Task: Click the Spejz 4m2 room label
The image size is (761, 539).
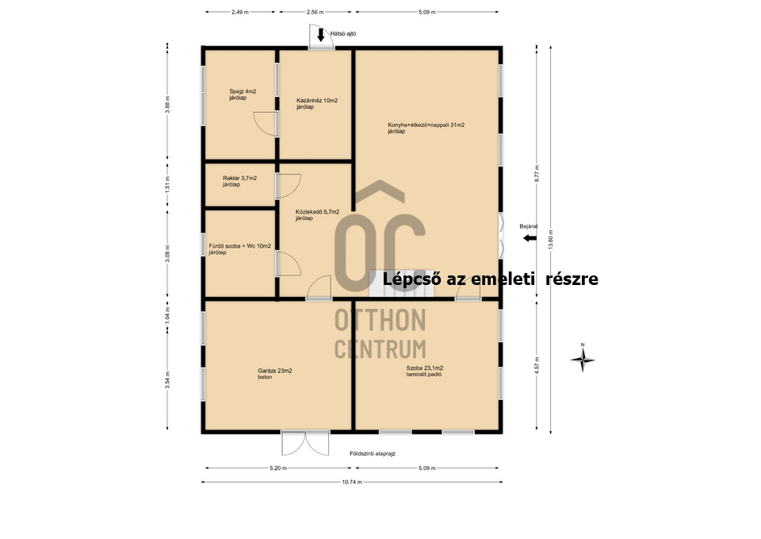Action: [x=243, y=91]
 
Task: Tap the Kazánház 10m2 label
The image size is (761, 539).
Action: [x=317, y=101]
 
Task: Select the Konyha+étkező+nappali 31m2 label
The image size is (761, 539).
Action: [x=426, y=125]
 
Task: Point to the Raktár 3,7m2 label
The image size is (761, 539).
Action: [x=239, y=179]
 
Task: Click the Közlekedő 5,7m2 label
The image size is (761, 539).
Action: [x=317, y=212]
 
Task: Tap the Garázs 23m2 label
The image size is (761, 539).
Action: [x=275, y=371]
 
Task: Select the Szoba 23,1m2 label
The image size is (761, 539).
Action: [x=425, y=368]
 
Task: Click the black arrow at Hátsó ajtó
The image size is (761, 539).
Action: [x=321, y=34]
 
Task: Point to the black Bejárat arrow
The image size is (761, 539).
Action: [x=530, y=238]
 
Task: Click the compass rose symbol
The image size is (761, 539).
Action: [x=583, y=360]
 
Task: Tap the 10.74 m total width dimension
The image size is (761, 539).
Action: [x=352, y=482]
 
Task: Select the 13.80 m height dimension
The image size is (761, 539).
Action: [x=551, y=240]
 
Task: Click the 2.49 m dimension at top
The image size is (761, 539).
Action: [x=240, y=12]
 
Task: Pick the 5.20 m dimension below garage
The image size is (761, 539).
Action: [x=278, y=468]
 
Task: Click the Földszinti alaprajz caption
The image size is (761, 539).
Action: [x=373, y=453]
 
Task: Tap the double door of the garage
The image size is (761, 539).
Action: [x=305, y=443]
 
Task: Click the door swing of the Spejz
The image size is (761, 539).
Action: [x=265, y=124]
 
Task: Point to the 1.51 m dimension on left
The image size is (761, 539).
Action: [x=167, y=184]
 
